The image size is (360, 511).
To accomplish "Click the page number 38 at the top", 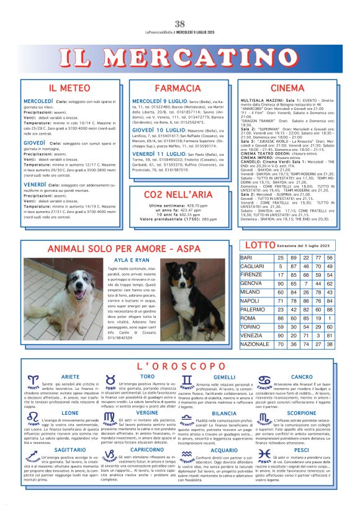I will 180,6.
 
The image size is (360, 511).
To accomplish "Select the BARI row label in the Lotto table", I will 246,257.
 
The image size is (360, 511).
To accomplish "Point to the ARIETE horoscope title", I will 70,377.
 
